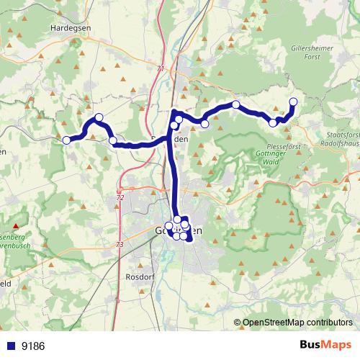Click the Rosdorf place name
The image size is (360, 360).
pyautogui.click(x=141, y=275)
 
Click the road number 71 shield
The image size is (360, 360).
pyautogui.click(x=159, y=68)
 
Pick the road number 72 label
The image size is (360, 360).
pyautogui.click(x=120, y=197)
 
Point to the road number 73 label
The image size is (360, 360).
pyautogui.click(x=119, y=245)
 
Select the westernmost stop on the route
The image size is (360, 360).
pyautogui.click(x=66, y=140)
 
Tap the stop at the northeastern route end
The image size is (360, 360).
pyautogui.click(x=293, y=102)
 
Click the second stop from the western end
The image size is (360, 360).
pyautogui.click(x=99, y=117)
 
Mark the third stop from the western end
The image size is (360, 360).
pyautogui.click(x=113, y=140)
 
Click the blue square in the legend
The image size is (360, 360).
pyautogui.click(x=12, y=346)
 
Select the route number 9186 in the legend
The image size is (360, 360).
pyautogui.click(x=33, y=346)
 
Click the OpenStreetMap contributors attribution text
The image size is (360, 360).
pyautogui.click(x=297, y=322)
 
